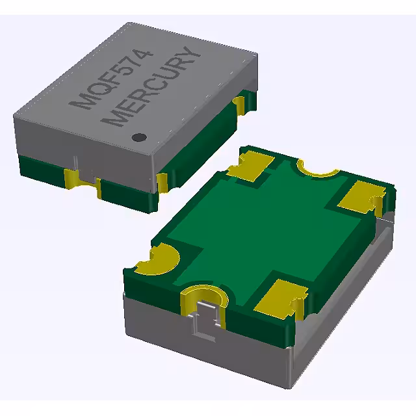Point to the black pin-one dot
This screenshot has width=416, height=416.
click(x=138, y=137)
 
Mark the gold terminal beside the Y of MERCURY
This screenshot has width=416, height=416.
click(x=240, y=104)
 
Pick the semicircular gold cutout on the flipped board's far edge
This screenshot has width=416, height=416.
click(x=318, y=171)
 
